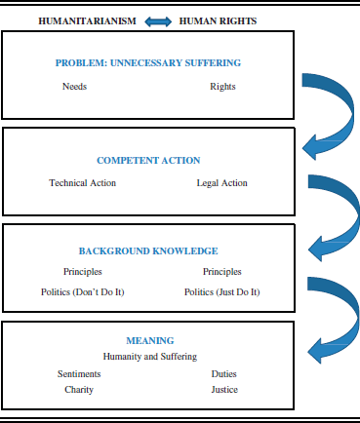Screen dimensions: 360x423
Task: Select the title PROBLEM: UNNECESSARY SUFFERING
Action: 148,63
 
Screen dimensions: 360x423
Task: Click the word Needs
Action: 74,87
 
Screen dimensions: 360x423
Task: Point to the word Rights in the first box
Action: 222,87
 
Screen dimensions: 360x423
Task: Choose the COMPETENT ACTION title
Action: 148,160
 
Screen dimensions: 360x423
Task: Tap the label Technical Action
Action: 82,183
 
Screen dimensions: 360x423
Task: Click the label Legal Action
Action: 221,183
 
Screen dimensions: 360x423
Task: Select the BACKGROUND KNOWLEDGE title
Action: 148,251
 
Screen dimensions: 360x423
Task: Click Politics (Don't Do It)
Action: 82,291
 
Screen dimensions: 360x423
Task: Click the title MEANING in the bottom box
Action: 149,341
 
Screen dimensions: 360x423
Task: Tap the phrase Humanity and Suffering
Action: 149,356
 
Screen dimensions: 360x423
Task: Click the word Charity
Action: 79,389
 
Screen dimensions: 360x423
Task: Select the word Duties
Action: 223,373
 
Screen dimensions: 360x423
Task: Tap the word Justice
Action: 223,389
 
